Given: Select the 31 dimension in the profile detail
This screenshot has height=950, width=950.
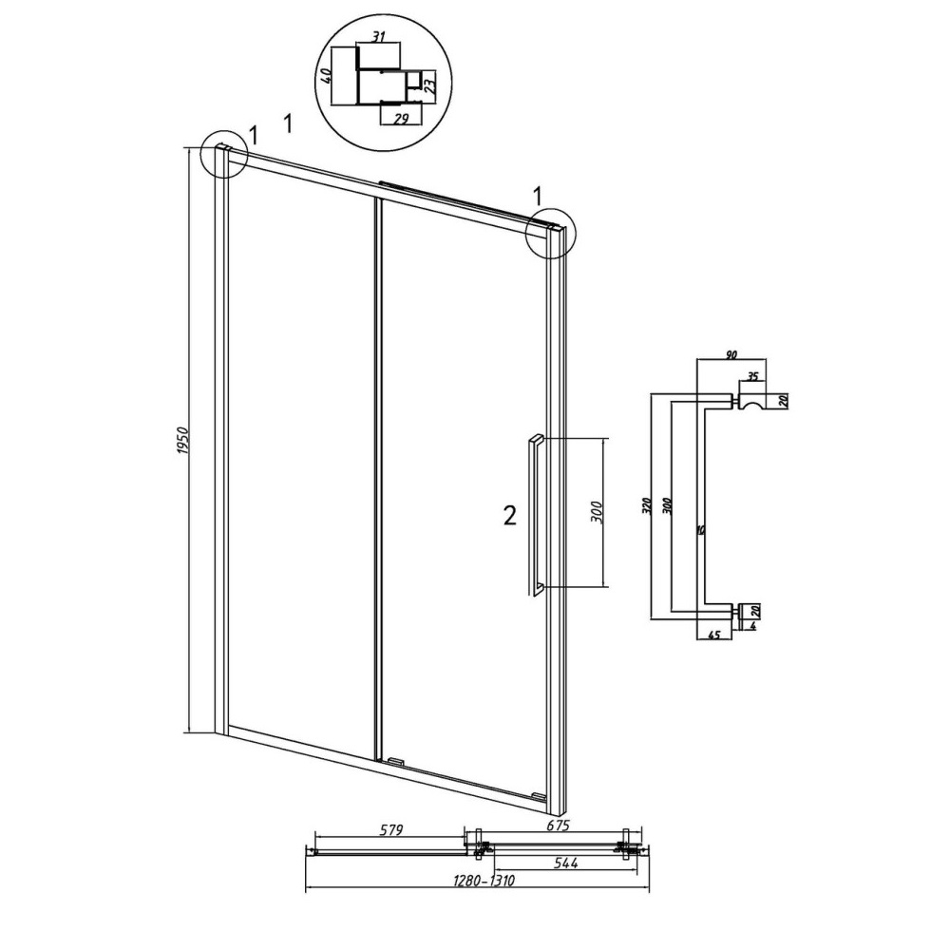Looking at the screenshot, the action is (378, 36).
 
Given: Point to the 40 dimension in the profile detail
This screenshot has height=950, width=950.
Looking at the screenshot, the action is (326, 76).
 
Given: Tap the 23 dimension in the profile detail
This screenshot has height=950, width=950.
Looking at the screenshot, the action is (429, 82).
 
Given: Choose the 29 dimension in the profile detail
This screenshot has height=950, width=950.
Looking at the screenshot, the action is (401, 119).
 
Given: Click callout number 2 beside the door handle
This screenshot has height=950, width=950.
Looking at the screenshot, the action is (510, 516).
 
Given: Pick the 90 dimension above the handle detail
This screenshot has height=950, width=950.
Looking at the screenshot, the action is (731, 354).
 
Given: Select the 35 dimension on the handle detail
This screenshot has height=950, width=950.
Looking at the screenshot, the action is (752, 376).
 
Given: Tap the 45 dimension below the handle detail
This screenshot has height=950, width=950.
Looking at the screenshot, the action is (714, 635).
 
